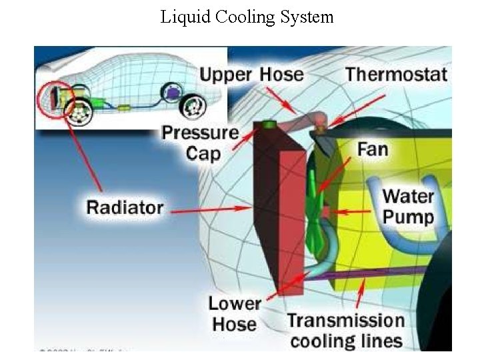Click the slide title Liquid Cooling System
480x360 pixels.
pyautogui.click(x=247, y=17)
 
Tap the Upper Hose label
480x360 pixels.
pyautogui.click(x=251, y=74)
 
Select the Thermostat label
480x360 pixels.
pyautogui.click(x=396, y=74)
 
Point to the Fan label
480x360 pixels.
pyautogui.click(x=373, y=148)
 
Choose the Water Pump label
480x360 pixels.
pyautogui.click(x=408, y=207)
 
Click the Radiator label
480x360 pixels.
pyautogui.click(x=125, y=207)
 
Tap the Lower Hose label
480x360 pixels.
pyautogui.click(x=234, y=314)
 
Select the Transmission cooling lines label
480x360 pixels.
pyautogui.click(x=345, y=331)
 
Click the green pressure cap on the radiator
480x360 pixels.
pyautogui.click(x=270, y=125)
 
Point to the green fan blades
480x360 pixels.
pyautogui.click(x=317, y=200)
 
